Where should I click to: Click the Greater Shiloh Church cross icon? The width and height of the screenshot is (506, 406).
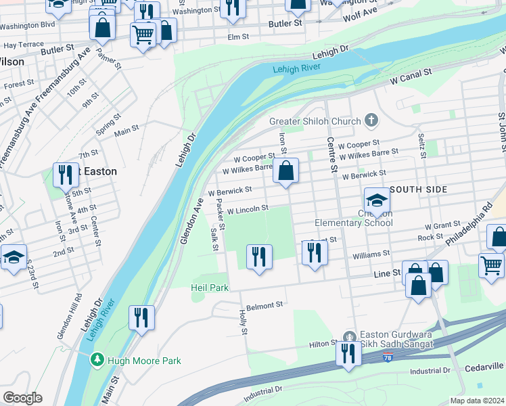click(x=371, y=121)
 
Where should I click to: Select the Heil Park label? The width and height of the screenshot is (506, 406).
click(x=209, y=288)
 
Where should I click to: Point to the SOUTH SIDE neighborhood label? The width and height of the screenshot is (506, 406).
click(x=418, y=189)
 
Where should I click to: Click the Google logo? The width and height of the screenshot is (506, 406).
click(x=22, y=397)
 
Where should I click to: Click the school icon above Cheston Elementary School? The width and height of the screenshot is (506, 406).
click(x=377, y=201)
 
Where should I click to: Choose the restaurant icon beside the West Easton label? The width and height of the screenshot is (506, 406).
click(x=66, y=175)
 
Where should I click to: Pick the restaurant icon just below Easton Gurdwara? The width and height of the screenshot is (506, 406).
click(x=348, y=354)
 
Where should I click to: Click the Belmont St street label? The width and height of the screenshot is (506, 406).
click(x=264, y=305)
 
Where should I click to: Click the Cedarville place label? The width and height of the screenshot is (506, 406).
click(x=484, y=367)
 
